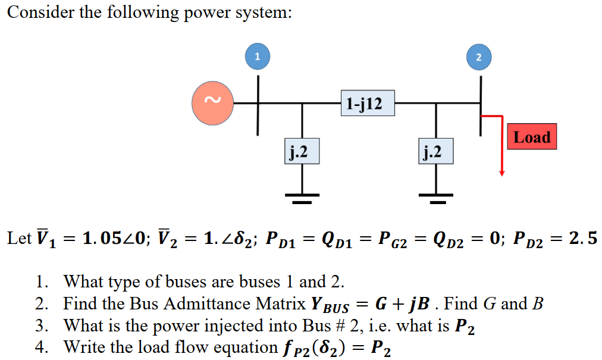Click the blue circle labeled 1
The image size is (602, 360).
coord(257,57)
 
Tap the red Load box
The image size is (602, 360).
coord(531,137)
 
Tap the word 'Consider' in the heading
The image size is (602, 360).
coord(40,13)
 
